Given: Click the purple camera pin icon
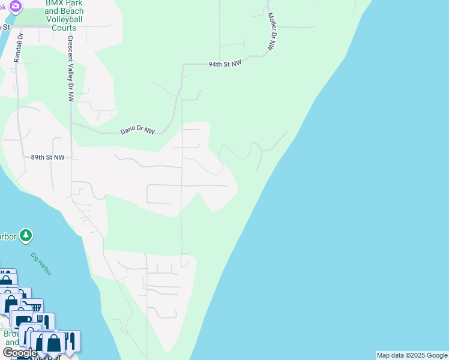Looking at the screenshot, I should [16, 7].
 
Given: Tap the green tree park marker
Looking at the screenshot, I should [26, 235].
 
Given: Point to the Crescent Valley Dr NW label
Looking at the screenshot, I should [70, 68].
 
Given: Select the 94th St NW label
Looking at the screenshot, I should [224, 64].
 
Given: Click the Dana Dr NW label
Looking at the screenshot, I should [137, 130].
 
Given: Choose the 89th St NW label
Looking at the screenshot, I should [47, 157].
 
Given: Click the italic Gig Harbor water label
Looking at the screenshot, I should [41, 264].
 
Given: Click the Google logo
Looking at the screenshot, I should [20, 353].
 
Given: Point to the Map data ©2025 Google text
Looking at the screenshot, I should [412, 355].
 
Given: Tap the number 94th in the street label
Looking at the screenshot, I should [216, 64].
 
